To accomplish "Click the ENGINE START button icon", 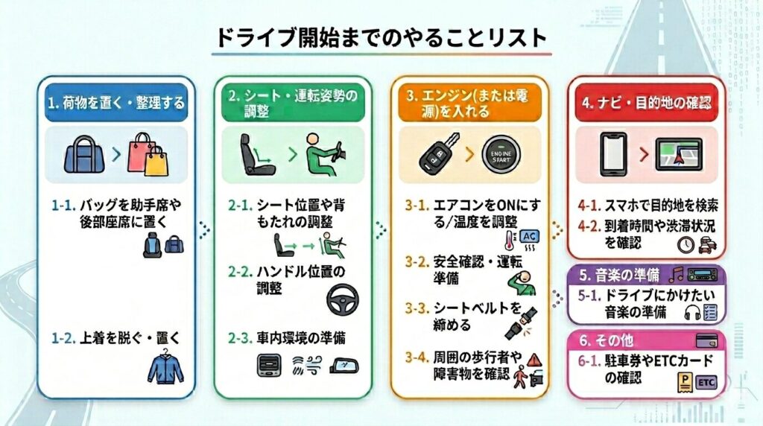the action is (x=501, y=156).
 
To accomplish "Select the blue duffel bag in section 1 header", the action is (x=84, y=154).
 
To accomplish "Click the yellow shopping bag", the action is (x=156, y=161).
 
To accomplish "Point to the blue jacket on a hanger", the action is (x=165, y=366).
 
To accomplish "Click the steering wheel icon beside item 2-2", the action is (x=343, y=300).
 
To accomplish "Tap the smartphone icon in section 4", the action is (x=614, y=154).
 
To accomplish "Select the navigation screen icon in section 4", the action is (x=679, y=155).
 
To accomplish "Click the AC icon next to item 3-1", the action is (x=529, y=237).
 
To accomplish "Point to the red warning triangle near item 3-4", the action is (x=534, y=360).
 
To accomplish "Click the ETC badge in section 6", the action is (x=706, y=382).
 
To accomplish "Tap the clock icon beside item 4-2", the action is (x=686, y=244).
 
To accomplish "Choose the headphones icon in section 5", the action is (x=692, y=312).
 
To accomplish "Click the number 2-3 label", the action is (x=240, y=338).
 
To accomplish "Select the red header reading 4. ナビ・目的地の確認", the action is (x=646, y=103).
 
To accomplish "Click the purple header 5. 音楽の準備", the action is (x=646, y=275).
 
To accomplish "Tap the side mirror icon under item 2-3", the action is (x=344, y=366).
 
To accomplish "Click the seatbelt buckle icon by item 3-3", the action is (x=521, y=322).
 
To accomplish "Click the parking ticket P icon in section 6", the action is (x=686, y=383).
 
